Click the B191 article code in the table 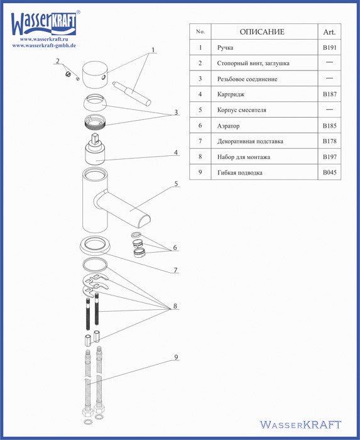click(329, 47)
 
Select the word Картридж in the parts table click(231, 94)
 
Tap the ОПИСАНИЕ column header click(262, 31)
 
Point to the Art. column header click(329, 32)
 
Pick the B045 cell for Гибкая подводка click(329, 172)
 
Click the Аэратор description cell click(229, 126)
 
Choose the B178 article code click(329, 141)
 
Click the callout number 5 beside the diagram click(176, 184)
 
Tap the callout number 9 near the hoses click(176, 357)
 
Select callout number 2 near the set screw click(58, 61)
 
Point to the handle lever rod click(131, 94)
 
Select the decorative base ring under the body click(95, 246)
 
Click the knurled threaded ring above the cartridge click(95, 121)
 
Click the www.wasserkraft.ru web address click(44, 39)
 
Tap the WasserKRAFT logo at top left click(45, 23)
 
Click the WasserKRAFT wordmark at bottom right click(300, 424)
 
